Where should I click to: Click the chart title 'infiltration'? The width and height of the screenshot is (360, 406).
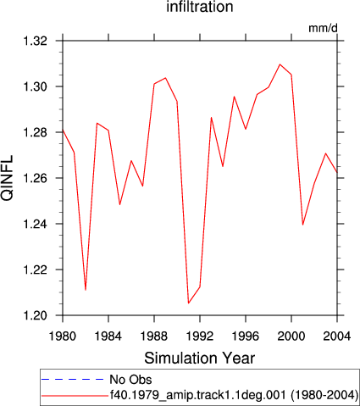200,7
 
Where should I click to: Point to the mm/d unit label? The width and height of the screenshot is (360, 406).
323,28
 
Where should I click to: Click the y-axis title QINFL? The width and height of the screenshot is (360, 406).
8,178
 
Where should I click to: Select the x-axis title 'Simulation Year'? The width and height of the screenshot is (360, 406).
200,359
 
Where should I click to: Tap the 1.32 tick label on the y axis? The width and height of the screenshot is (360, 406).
35,42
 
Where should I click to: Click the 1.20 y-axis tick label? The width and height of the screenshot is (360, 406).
35,315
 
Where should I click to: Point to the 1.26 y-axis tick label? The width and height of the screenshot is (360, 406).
35,178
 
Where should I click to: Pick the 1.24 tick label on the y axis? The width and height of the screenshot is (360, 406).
35,224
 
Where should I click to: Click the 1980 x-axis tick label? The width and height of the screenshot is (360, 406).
63,336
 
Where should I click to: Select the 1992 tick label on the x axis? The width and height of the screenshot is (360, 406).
200,336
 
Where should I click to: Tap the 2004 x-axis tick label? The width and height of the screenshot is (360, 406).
337,336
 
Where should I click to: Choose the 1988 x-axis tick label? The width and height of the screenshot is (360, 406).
154,336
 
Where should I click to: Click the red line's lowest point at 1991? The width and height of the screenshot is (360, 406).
188,303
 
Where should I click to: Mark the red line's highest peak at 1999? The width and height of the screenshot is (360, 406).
280,64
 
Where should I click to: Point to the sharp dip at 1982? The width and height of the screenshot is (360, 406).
86,290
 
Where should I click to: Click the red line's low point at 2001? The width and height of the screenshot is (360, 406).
302,225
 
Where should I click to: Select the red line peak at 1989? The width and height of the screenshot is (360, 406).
165,78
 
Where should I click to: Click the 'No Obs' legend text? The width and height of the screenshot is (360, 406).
130,380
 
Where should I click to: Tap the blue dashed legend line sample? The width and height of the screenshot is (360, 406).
73,379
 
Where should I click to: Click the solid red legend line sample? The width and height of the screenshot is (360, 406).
75,396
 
